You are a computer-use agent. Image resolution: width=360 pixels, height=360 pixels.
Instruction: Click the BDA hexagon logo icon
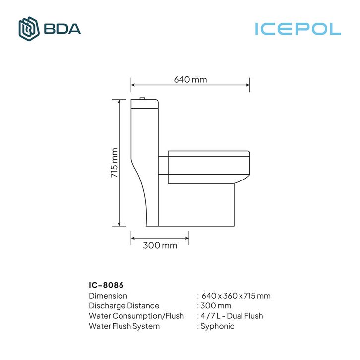pyautogui.click(x=29, y=29)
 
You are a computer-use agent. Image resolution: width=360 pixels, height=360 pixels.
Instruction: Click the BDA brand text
pyautogui.click(x=62, y=29)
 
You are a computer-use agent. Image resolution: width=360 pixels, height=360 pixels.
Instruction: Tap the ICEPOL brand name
pyautogui.click(x=298, y=29)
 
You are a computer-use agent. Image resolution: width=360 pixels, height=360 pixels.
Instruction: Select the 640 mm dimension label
pyautogui.click(x=190, y=80)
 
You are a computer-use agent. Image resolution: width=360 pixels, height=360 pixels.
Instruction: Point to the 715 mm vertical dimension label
pyautogui.click(x=114, y=163)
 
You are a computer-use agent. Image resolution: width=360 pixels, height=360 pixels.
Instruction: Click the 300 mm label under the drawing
pyautogui.click(x=160, y=245)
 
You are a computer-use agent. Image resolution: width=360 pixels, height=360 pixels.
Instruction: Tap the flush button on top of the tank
pyautogui.click(x=142, y=99)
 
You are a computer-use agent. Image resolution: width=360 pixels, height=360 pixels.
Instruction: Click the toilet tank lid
pyautogui.click(x=144, y=104)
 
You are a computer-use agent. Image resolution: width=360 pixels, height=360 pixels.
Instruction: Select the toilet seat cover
pyautogui.click(x=209, y=154)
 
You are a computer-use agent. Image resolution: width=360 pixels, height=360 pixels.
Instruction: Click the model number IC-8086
pyautogui.click(x=106, y=285)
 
